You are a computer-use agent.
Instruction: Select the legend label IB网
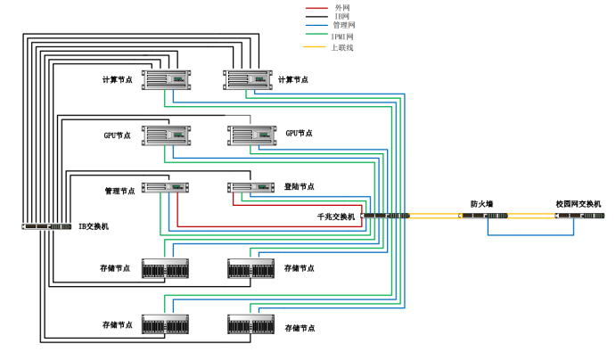(x=341, y=16)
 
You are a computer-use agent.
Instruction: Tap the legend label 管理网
(x=343, y=26)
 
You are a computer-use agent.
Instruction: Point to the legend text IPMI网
(x=342, y=37)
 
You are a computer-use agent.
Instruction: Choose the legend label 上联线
(x=343, y=47)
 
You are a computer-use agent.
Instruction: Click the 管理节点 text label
(x=119, y=191)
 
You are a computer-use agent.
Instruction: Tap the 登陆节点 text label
(x=299, y=187)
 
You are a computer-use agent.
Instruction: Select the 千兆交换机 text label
(x=336, y=217)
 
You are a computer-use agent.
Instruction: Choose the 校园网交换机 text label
(x=579, y=205)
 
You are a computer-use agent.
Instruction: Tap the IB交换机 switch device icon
(x=46, y=226)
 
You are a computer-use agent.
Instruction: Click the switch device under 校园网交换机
(x=575, y=216)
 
